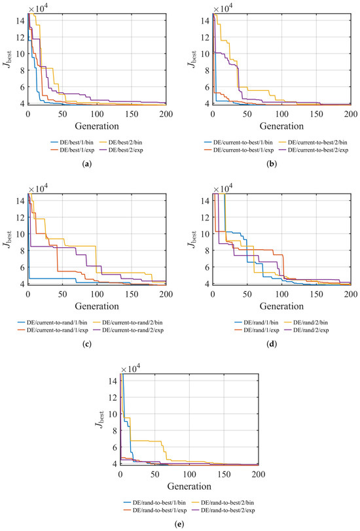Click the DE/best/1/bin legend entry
(x=72, y=143)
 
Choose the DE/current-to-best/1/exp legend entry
(x=238, y=150)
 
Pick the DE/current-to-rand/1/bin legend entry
(x=52, y=323)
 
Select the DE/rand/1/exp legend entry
(x=257, y=330)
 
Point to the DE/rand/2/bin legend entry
(x=306, y=323)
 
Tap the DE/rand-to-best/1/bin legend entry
(x=154, y=503)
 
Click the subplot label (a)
(x=87, y=164)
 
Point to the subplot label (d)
(x=272, y=345)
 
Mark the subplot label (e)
(x=179, y=524)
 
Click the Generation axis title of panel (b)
(x=281, y=126)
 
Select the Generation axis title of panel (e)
(x=189, y=487)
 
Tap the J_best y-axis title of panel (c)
(x=8, y=239)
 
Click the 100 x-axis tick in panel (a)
(x=97, y=114)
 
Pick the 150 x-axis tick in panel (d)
(x=316, y=294)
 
